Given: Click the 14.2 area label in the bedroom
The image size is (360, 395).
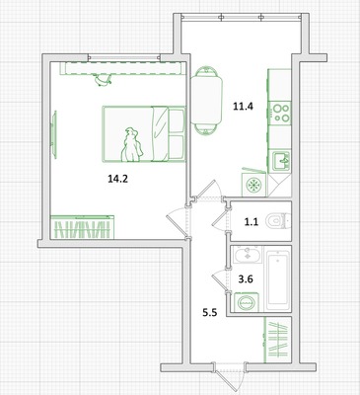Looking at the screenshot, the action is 117,179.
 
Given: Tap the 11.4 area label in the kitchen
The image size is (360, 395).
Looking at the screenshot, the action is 243,107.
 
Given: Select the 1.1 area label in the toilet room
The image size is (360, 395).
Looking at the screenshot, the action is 252,222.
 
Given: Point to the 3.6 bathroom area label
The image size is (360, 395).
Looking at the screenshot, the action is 246,279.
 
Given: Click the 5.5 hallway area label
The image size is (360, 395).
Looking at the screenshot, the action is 209,312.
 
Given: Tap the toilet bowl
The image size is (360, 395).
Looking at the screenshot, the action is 278,221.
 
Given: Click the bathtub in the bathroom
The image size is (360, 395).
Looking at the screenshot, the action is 278,280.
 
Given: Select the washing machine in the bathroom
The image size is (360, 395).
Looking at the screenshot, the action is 247,302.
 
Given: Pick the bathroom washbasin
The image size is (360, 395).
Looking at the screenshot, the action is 248,255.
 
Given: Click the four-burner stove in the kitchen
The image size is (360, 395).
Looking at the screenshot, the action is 280,113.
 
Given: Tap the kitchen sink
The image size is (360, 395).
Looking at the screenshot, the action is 280,161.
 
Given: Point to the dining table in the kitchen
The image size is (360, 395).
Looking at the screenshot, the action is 206,100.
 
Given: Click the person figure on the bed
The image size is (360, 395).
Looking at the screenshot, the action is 131,145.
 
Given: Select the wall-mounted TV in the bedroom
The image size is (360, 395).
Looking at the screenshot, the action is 54,134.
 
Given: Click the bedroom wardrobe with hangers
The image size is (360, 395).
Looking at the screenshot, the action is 82,227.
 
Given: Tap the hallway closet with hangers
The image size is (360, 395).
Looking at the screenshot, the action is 278,340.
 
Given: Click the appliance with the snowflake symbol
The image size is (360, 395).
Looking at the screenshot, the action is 254,185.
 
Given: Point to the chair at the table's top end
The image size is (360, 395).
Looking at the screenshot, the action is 206,72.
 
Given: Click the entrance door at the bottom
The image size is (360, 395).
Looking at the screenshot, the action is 229,375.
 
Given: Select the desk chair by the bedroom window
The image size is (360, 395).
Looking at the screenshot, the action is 103,80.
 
